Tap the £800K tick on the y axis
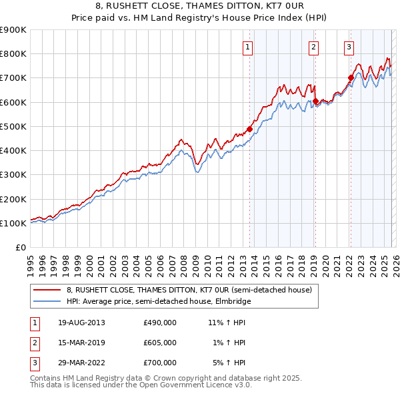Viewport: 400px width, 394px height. tap(13, 54)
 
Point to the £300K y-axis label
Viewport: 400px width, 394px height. tap(13, 175)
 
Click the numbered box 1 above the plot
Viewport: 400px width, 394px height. tap(247, 47)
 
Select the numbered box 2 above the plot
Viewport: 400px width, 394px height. tap(313, 47)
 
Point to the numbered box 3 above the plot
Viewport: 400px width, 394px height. tap(349, 47)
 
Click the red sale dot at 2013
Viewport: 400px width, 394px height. tap(250, 129)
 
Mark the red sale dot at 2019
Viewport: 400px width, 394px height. tap(315, 102)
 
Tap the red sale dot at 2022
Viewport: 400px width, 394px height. tap(351, 78)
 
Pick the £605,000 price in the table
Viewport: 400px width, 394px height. tap(160, 342)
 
